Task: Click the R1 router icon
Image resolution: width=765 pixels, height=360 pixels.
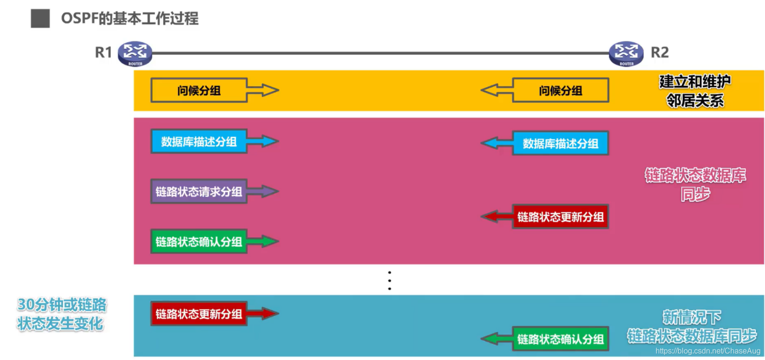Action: [x=135, y=53]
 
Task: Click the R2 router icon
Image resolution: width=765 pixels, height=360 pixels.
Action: [x=626, y=53]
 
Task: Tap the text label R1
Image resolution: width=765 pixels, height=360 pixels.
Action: [x=103, y=52]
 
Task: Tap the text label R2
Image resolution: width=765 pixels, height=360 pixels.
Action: [x=659, y=52]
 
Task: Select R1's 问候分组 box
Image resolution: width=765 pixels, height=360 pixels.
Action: [x=199, y=90]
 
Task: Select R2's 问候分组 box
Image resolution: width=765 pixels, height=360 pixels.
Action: [x=560, y=90]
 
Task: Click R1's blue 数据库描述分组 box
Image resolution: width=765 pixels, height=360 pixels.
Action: [x=199, y=141]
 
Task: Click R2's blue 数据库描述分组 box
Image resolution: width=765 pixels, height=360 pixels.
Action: [x=560, y=143]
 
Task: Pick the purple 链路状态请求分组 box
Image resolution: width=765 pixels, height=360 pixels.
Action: [x=199, y=191]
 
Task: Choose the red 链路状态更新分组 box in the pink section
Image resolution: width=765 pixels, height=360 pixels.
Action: [x=560, y=217]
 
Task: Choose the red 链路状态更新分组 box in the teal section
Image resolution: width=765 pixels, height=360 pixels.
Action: [x=199, y=314]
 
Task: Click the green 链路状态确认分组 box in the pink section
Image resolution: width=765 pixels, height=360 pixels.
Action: [x=199, y=242]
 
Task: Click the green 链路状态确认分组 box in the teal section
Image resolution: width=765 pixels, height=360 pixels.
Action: [x=560, y=339]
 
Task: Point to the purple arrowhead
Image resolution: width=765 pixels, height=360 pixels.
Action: [x=269, y=191]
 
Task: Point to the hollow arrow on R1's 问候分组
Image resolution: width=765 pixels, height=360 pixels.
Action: [x=263, y=90]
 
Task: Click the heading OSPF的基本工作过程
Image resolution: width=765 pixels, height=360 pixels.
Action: [x=130, y=19]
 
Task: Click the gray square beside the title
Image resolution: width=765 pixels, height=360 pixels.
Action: [x=40, y=19]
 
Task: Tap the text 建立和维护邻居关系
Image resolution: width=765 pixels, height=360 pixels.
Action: [x=695, y=91]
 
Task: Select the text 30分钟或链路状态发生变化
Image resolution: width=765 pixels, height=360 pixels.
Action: [x=61, y=314]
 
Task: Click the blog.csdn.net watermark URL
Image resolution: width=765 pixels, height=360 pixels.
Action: [x=707, y=351]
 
